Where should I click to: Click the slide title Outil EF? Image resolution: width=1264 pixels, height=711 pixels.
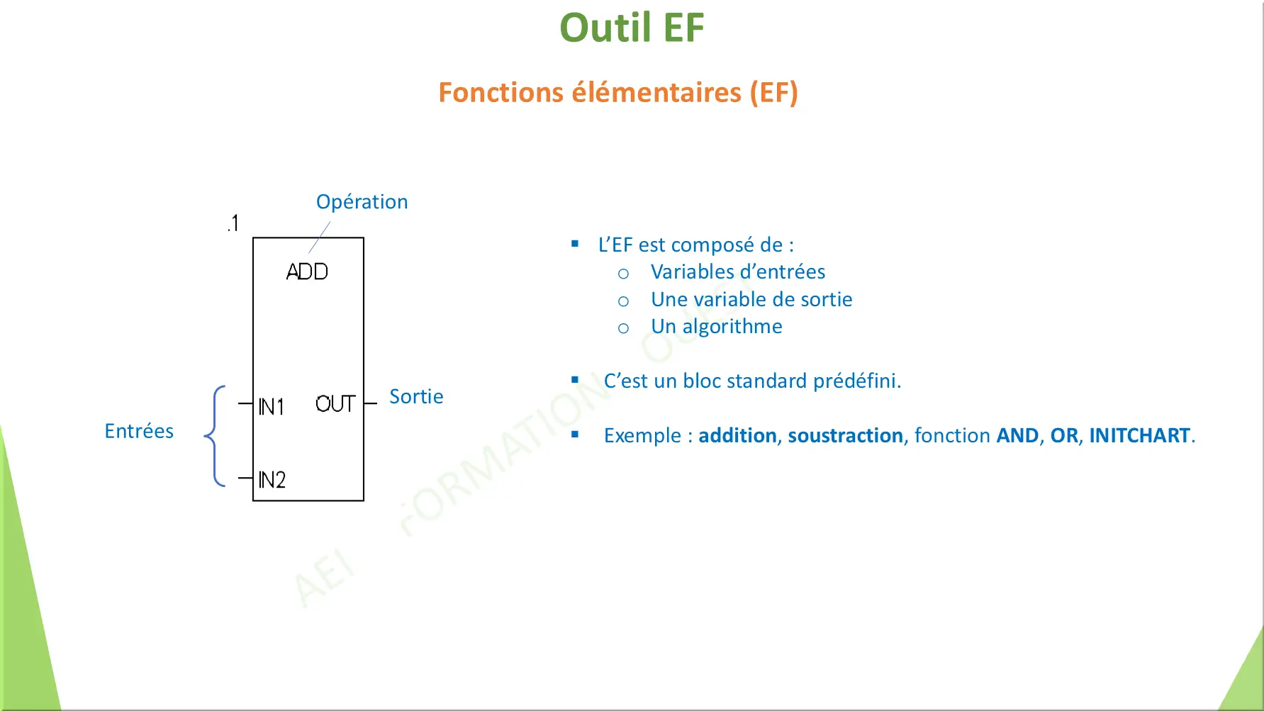[632, 28]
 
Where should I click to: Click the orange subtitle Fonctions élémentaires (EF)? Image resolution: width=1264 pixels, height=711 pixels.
[617, 93]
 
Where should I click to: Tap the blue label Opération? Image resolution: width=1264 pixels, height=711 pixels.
[362, 202]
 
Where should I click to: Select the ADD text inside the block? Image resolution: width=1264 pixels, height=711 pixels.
[307, 271]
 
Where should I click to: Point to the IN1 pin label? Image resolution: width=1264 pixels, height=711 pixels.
[271, 407]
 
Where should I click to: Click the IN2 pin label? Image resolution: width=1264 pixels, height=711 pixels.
[272, 480]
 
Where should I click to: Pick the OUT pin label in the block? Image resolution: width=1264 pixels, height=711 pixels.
[335, 404]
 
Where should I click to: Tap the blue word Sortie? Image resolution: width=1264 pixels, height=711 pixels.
[416, 397]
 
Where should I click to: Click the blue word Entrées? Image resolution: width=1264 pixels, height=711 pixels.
[139, 431]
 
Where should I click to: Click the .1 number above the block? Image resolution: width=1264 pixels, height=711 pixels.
[233, 223]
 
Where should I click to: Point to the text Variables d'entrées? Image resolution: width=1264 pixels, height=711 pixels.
[737, 272]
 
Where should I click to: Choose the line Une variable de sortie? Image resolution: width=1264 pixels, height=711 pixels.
[751, 300]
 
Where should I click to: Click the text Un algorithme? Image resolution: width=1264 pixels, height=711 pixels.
[716, 327]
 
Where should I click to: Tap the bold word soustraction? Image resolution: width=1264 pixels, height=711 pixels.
[845, 435]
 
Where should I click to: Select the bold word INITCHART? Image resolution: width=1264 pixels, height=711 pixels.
[1139, 435]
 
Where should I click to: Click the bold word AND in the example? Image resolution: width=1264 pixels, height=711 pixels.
[1017, 435]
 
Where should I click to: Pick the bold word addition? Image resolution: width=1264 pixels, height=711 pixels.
[737, 435]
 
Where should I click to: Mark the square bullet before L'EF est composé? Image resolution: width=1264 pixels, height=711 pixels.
[575, 244]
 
